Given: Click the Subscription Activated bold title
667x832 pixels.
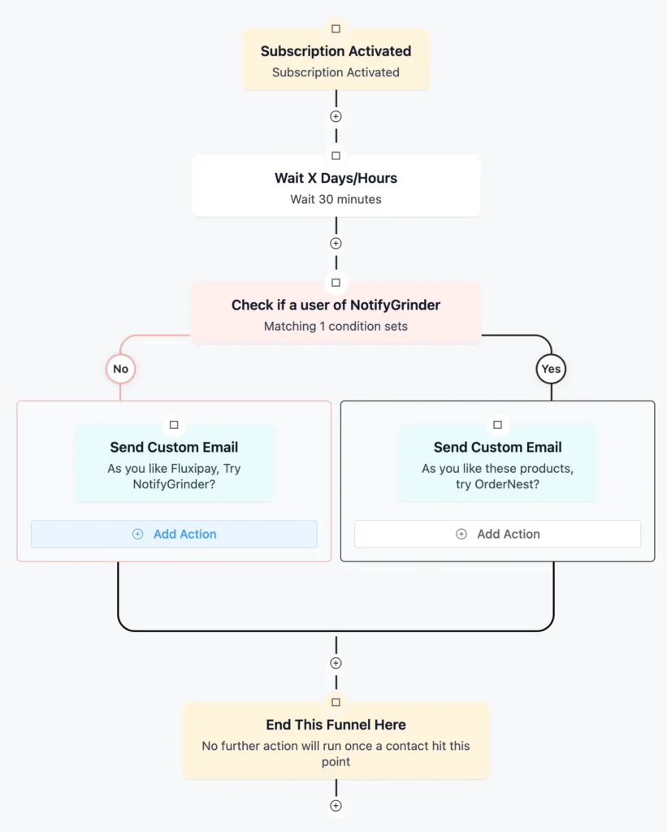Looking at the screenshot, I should pyautogui.click(x=336, y=51).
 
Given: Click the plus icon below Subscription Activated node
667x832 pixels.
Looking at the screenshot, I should pyautogui.click(x=336, y=116).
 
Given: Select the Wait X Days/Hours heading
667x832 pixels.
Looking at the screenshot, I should pyautogui.click(x=336, y=178).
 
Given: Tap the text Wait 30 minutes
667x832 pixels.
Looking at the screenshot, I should pyautogui.click(x=336, y=199).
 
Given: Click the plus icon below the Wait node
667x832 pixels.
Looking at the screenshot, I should pyautogui.click(x=336, y=243).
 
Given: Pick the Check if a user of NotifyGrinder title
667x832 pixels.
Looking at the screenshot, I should pyautogui.click(x=336, y=305).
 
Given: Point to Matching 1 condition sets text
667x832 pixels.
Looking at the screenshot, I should pyautogui.click(x=336, y=327).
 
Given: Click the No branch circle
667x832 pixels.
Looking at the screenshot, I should pyautogui.click(x=120, y=369).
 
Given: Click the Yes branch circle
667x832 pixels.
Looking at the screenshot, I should pyautogui.click(x=551, y=369).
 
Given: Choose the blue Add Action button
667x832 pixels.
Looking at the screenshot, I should pyautogui.click(x=174, y=534).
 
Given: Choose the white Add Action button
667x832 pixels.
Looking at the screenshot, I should pyautogui.click(x=497, y=534).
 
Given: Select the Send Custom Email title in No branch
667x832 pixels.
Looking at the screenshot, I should pyautogui.click(x=174, y=447).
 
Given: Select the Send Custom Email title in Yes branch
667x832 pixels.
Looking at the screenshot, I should pyautogui.click(x=497, y=447).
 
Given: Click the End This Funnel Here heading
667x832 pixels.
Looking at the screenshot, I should pyautogui.click(x=336, y=725).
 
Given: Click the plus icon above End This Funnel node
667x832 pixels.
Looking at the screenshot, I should pyautogui.click(x=336, y=663).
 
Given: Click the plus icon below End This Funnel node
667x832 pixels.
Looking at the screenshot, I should pyautogui.click(x=336, y=806).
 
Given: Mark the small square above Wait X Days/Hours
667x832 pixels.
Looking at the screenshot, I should pyautogui.click(x=336, y=156).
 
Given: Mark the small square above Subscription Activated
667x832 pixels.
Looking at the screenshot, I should pyautogui.click(x=336, y=29).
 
